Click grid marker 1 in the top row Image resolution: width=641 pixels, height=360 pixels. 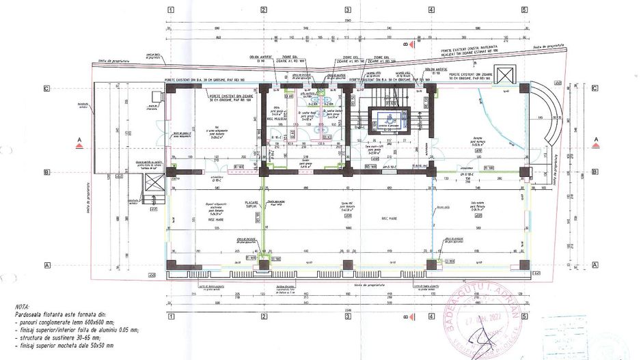click(170, 10)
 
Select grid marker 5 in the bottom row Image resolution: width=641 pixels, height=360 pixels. click(524, 318)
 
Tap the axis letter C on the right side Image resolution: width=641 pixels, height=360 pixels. click(595, 88)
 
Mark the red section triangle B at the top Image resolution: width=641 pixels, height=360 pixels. click(406, 44)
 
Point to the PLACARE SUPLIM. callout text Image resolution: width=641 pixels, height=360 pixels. click(254, 205)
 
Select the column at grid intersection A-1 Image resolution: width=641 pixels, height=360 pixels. click(171, 265)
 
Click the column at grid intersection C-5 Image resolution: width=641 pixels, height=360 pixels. click(523, 88)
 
